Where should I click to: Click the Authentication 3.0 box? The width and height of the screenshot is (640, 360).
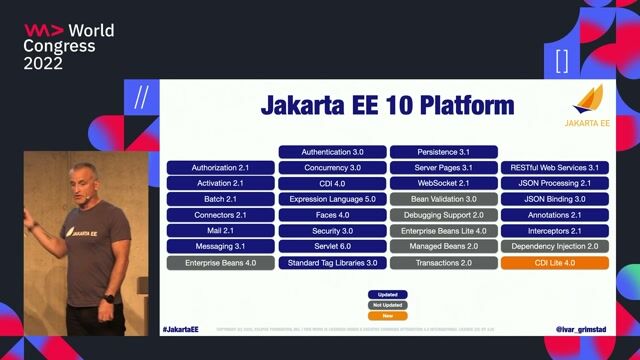(332, 152)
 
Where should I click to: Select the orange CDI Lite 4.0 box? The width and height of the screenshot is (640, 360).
(554, 262)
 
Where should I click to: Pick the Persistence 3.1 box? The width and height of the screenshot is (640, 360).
(443, 152)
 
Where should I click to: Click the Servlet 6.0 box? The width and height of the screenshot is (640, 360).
(332, 246)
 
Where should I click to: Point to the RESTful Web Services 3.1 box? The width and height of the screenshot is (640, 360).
(554, 168)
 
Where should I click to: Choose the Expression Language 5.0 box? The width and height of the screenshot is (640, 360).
(332, 199)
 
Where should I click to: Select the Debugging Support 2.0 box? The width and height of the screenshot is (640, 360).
(443, 215)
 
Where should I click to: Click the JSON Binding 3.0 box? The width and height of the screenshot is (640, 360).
(554, 199)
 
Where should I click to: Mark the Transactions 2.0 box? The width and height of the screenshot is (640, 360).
(443, 262)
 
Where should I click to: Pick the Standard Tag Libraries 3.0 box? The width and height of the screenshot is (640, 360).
(332, 262)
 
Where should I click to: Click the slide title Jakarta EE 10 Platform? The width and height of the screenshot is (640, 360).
(387, 105)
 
